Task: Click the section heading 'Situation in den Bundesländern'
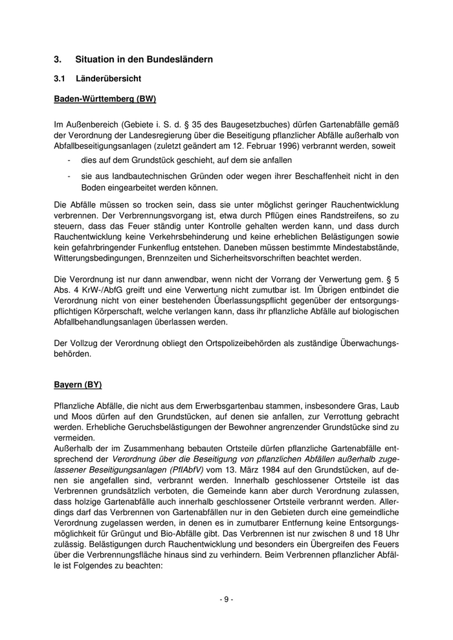144,59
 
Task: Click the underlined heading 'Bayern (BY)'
78,385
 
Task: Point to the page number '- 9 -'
226,599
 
